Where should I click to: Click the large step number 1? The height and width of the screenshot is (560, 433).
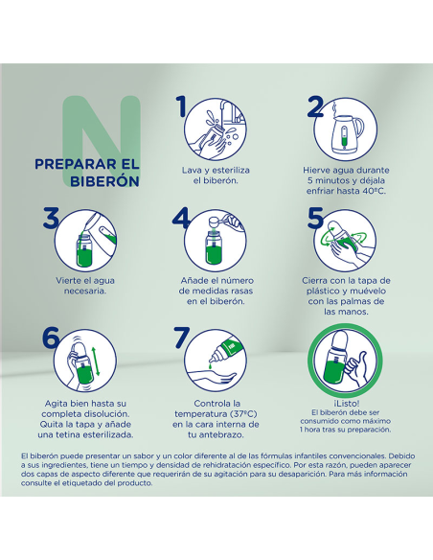tap(182, 106)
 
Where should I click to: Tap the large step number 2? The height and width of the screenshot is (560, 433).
tap(315, 106)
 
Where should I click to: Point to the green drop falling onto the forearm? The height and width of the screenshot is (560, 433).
tap(211, 366)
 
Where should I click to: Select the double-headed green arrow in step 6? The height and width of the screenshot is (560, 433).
tap(98, 362)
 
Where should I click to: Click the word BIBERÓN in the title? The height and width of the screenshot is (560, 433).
tap(104, 181)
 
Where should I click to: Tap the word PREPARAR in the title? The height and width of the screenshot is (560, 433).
tap(71, 164)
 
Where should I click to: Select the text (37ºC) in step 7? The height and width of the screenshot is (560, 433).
tap(243, 414)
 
